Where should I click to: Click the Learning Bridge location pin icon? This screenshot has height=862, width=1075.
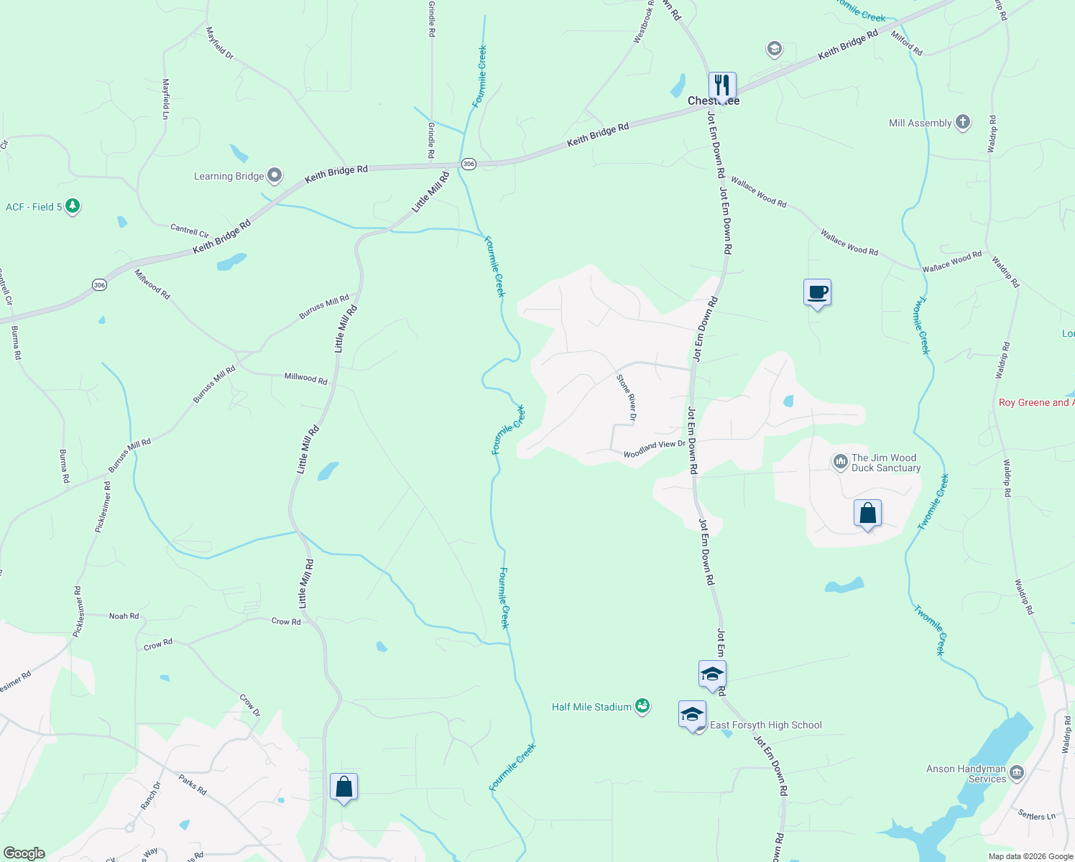click(274, 175)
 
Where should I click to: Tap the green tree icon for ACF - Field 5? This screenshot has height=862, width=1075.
click(72, 206)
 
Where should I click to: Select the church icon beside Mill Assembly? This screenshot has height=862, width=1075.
click(962, 122)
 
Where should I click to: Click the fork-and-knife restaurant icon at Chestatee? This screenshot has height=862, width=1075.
click(722, 85)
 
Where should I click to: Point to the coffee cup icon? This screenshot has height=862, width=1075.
click(817, 292)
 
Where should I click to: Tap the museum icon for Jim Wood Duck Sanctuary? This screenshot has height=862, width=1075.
click(840, 462)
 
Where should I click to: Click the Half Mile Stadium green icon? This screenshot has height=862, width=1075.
click(642, 707)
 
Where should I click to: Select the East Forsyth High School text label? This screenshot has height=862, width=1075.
click(765, 725)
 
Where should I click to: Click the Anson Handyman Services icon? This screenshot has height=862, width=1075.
click(1016, 773)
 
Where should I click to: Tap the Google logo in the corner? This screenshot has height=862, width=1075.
click(24, 853)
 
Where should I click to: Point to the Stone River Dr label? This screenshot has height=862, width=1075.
click(627, 397)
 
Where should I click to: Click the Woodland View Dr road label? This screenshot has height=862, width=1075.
click(655, 449)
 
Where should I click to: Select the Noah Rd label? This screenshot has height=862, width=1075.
click(124, 616)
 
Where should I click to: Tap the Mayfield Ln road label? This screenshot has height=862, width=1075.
click(166, 98)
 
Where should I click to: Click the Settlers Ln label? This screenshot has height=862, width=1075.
click(1036, 815)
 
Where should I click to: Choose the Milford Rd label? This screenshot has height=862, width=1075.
click(907, 44)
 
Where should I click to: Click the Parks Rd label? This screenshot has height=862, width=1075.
click(193, 784)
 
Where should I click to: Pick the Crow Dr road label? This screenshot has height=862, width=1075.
click(250, 705)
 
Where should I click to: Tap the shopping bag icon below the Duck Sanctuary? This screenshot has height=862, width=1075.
click(867, 514)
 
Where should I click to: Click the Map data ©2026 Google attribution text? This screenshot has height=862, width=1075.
click(1030, 856)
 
